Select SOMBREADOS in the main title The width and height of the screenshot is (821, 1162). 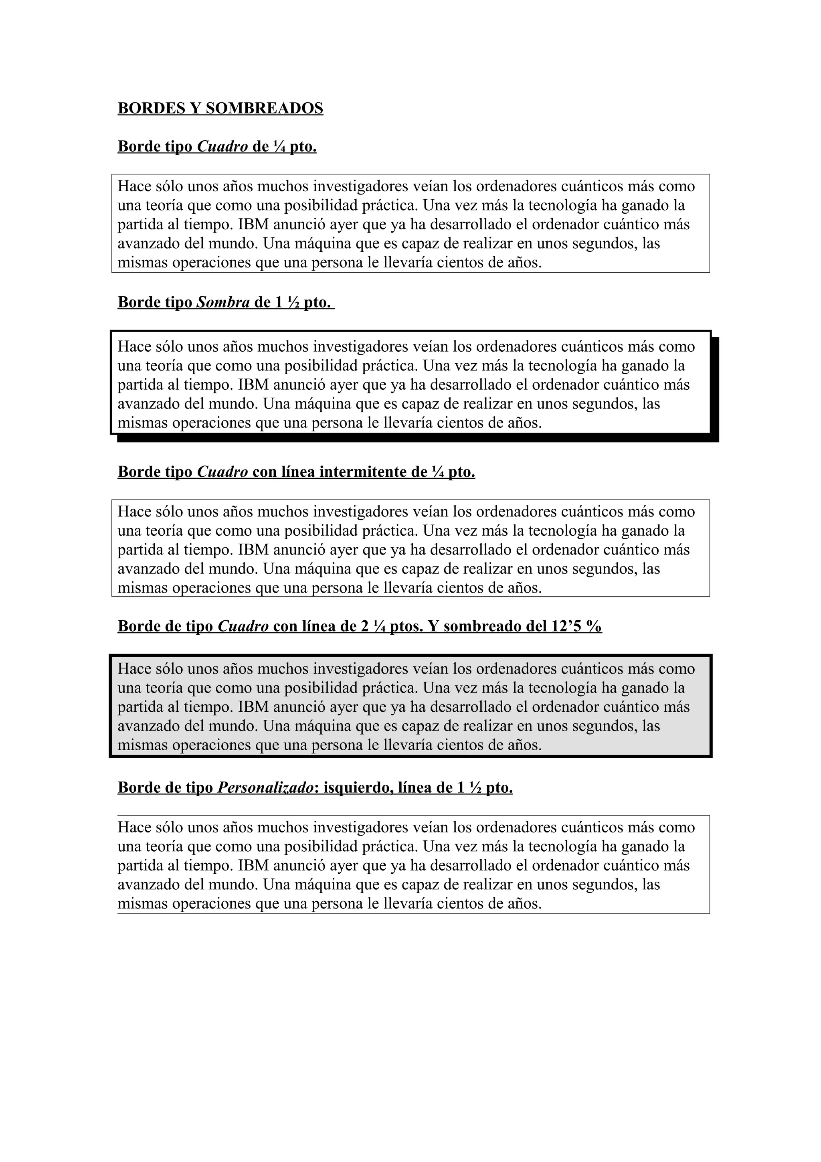coord(265,108)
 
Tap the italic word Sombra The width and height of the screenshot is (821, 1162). coord(223,302)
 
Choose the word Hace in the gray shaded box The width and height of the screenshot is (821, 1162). coord(135,669)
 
